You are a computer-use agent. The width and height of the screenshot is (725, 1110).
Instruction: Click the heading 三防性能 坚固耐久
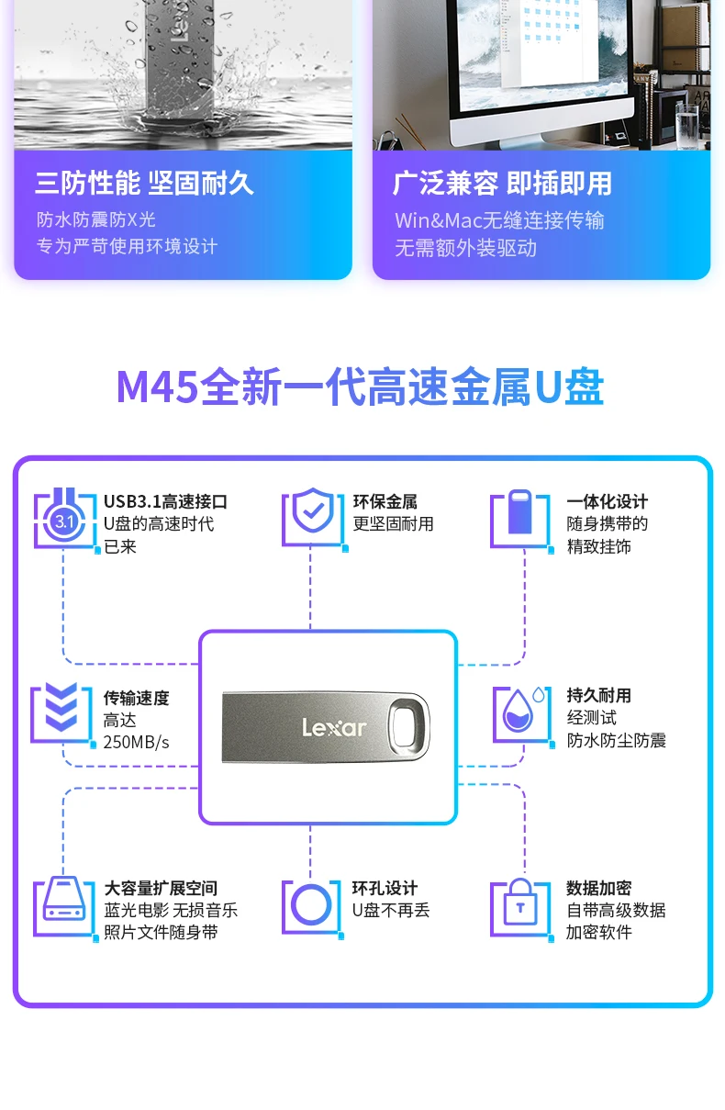coord(144,183)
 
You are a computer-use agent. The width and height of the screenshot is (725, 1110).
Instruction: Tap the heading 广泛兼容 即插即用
coord(502,183)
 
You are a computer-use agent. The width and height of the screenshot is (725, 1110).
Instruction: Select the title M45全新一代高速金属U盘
coord(361,387)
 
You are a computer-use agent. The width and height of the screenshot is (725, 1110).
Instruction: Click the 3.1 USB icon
coord(64,521)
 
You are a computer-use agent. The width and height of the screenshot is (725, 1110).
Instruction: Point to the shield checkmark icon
coord(313,516)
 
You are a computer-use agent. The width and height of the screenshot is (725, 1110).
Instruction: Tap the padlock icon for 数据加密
coord(520,905)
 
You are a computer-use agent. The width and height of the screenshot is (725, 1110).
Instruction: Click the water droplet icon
coord(520,712)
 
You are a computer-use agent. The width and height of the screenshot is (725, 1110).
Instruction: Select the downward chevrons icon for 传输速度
coord(61,712)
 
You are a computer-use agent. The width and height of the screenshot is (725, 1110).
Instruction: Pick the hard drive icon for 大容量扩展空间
coord(64,907)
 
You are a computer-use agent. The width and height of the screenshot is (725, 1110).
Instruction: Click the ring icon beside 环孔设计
coord(311,906)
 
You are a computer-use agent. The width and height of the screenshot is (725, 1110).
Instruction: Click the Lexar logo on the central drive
coord(334,728)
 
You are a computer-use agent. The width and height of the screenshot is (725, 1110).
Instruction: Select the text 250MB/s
coord(137,742)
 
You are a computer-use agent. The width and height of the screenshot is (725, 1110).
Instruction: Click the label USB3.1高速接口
coord(165,501)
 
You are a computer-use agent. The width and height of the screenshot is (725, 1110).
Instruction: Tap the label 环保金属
coord(385,501)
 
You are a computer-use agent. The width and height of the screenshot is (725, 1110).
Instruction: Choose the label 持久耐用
coord(598,695)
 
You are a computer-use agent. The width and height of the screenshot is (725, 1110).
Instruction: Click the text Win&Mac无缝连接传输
coord(499,220)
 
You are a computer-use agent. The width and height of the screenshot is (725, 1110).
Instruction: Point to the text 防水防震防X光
coord(96,219)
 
